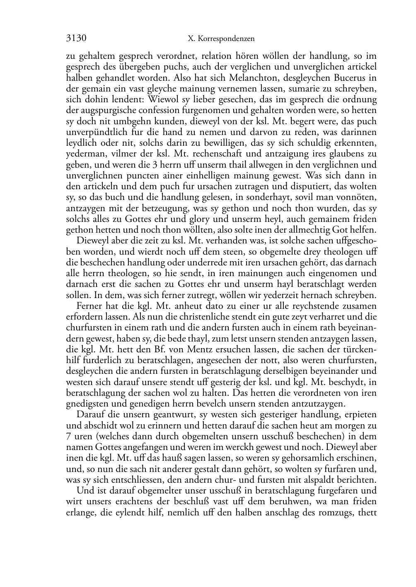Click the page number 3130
coord(76,38)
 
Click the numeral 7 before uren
coord(68,436)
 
